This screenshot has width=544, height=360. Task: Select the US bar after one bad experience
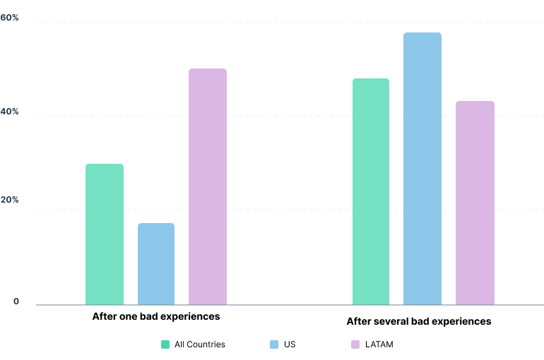click(x=156, y=264)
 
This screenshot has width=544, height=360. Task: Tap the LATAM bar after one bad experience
click(x=208, y=187)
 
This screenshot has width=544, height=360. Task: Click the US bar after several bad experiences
click(x=422, y=169)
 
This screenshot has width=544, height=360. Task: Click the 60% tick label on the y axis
click(x=10, y=18)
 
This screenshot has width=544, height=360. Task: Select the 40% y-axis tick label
click(x=10, y=112)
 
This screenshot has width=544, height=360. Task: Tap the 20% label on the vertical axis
click(x=10, y=200)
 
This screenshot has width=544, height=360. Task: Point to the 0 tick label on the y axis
click(x=16, y=302)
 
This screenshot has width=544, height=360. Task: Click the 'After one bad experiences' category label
click(x=156, y=316)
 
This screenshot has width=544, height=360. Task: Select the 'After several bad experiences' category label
click(x=418, y=321)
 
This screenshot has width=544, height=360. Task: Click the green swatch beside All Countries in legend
click(x=165, y=344)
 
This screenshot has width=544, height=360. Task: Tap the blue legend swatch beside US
click(x=275, y=344)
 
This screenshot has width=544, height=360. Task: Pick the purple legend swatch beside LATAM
click(x=355, y=344)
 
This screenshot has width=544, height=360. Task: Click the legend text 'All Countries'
click(x=200, y=344)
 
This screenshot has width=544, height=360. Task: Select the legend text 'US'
click(x=290, y=344)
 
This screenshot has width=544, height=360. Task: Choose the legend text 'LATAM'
click(x=379, y=344)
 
